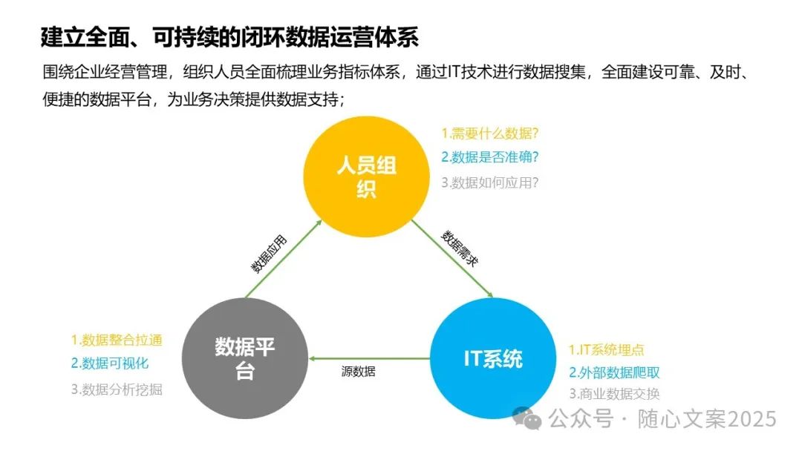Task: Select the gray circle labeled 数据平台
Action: tap(244, 359)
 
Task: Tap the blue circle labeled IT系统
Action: tap(493, 359)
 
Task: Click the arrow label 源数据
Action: tap(358, 372)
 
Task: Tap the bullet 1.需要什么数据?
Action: tap(489, 134)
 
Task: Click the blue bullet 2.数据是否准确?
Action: tap(489, 157)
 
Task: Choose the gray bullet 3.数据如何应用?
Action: tap(489, 182)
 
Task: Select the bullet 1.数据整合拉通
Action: tap(117, 340)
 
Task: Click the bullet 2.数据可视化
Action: tap(110, 363)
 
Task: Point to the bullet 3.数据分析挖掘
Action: tap(117, 389)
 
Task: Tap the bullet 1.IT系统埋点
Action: tap(607, 349)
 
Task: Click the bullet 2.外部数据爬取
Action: tap(614, 372)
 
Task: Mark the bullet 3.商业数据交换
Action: tap(614, 395)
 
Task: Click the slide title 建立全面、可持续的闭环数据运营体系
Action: tap(230, 36)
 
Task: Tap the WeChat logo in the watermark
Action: tap(531, 419)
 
